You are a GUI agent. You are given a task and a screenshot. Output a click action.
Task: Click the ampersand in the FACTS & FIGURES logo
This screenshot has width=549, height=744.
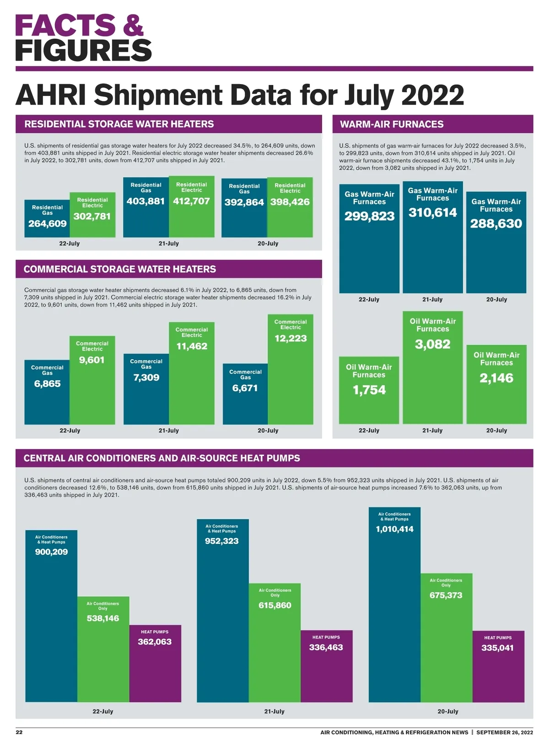133,26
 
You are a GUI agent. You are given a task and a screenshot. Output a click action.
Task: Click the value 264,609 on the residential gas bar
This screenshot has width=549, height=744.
48,223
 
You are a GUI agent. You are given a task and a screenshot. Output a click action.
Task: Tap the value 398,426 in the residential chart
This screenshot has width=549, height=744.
290,202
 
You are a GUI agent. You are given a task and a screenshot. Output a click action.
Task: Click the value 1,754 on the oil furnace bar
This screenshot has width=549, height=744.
369,390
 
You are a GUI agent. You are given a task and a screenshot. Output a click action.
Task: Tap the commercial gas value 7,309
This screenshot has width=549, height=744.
146,377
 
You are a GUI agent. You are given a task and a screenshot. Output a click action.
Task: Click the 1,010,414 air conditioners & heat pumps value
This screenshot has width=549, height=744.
395,529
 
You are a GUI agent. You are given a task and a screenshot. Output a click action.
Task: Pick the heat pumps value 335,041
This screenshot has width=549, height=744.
497,648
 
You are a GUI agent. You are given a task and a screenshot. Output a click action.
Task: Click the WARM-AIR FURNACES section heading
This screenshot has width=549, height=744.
392,124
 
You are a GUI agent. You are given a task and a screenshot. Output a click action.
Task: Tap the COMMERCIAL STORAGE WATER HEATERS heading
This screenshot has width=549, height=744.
120,269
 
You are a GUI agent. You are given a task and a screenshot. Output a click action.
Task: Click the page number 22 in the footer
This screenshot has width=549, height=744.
19,732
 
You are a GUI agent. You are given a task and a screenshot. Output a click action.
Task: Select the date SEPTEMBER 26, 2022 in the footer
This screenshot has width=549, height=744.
505,732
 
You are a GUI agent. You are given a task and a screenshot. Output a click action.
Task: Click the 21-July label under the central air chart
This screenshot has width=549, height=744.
274,712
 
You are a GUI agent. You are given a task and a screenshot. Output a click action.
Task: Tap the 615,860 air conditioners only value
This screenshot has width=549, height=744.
275,606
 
